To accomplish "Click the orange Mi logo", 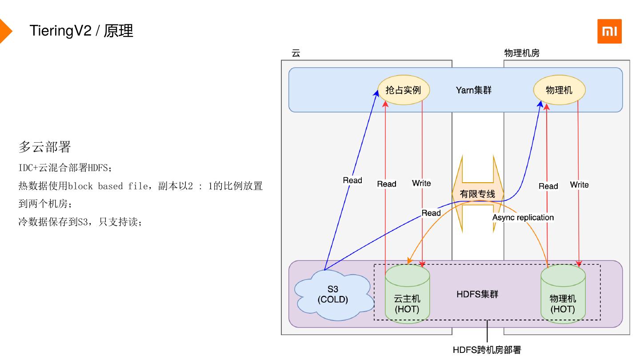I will pyautogui.click(x=609, y=31).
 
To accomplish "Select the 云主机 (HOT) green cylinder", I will pyautogui.click(x=407, y=294).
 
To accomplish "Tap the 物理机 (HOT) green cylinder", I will pyautogui.click(x=563, y=294).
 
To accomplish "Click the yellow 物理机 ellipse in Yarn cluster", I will pyautogui.click(x=559, y=90).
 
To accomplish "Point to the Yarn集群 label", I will pyautogui.click(x=474, y=90).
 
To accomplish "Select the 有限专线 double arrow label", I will pyautogui.click(x=478, y=194).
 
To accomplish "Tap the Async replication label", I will pyautogui.click(x=523, y=217).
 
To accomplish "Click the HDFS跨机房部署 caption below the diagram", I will pyautogui.click(x=487, y=350).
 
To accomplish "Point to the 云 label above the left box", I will pyautogui.click(x=296, y=53).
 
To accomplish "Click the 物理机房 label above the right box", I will pyautogui.click(x=522, y=53).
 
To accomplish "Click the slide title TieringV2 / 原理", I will pyautogui.click(x=81, y=31).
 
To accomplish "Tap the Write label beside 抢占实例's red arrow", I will pyautogui.click(x=421, y=183).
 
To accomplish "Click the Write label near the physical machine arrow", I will pyautogui.click(x=579, y=184).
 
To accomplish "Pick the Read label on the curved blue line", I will pyautogui.click(x=431, y=213).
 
